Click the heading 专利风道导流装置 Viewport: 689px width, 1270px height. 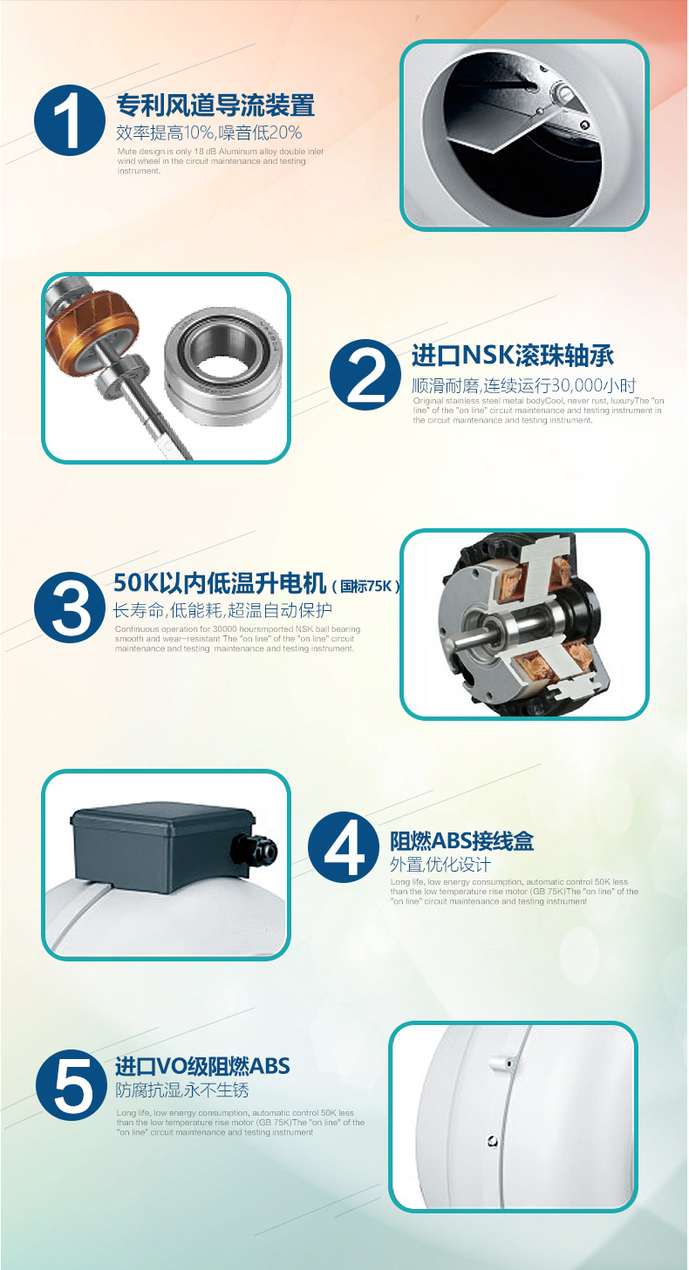pos(215,106)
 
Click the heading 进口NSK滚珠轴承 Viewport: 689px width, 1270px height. pos(513,356)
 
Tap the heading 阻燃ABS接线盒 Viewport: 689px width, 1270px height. pos(461,841)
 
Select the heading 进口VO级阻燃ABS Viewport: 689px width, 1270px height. pos(202,1066)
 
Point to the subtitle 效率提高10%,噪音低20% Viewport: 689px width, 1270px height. pos(209,132)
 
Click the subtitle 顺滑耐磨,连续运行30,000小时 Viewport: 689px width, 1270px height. pos(524,385)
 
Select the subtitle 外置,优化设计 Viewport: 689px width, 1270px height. pos(440,865)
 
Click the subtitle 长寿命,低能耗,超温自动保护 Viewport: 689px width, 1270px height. pos(223,609)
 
